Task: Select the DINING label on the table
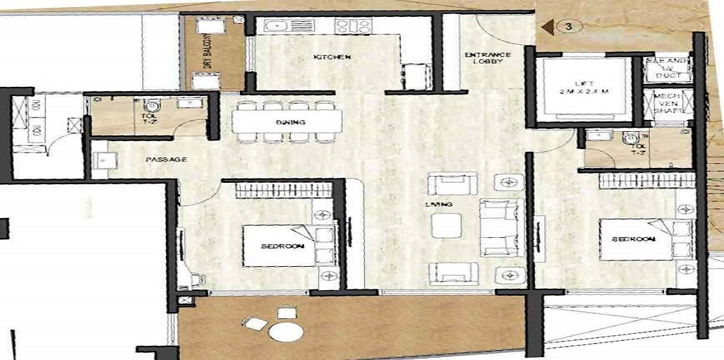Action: click(x=290, y=123)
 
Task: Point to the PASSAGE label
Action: click(x=166, y=160)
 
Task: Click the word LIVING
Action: click(x=443, y=205)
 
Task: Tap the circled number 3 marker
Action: click(x=568, y=26)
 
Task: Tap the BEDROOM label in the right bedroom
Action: click(x=633, y=239)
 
